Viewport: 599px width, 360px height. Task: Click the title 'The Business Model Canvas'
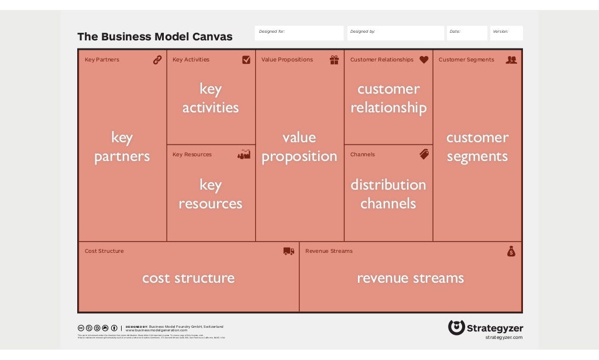pyautogui.click(x=154, y=37)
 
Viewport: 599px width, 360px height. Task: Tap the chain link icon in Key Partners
pyautogui.click(x=157, y=60)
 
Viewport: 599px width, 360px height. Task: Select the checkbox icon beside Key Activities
pyautogui.click(x=246, y=60)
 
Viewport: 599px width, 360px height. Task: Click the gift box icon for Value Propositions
pyautogui.click(x=334, y=60)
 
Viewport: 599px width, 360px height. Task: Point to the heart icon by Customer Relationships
pyautogui.click(x=424, y=60)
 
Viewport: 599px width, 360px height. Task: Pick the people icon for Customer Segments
pyautogui.click(x=511, y=60)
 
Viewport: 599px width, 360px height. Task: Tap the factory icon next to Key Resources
pyautogui.click(x=244, y=155)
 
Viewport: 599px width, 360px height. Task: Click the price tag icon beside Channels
pyautogui.click(x=424, y=155)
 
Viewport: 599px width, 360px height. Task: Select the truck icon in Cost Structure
pyautogui.click(x=288, y=251)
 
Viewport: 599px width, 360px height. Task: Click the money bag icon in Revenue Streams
pyautogui.click(x=511, y=251)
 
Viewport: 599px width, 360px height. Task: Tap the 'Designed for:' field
pyautogui.click(x=299, y=33)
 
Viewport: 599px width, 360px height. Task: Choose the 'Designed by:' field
pyautogui.click(x=395, y=33)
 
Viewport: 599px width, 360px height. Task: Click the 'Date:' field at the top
pyautogui.click(x=467, y=33)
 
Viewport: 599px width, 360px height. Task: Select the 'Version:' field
pyautogui.click(x=506, y=33)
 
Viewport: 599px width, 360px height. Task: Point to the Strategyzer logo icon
pyautogui.click(x=456, y=327)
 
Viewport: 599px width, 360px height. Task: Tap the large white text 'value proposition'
pyautogui.click(x=299, y=147)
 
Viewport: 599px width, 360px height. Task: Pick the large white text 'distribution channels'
pyautogui.click(x=388, y=194)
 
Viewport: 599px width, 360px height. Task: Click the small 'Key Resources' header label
pyautogui.click(x=192, y=155)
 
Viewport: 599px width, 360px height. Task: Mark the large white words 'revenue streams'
pyautogui.click(x=410, y=278)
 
